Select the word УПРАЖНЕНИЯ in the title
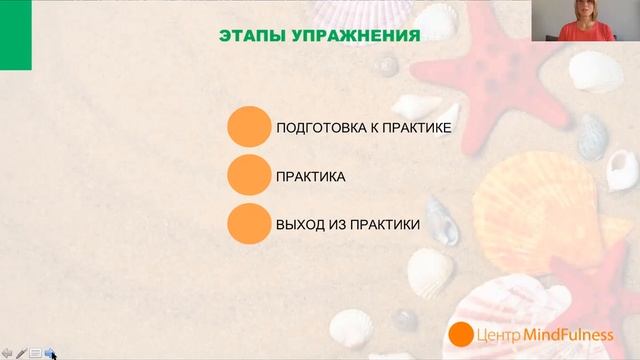point(354,37)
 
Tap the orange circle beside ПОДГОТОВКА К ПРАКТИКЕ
point(249,128)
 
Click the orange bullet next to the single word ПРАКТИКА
point(249,176)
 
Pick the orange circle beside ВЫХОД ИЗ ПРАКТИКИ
point(249,224)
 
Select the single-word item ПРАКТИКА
point(311,177)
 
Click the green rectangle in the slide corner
point(15,34)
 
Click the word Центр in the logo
point(499,334)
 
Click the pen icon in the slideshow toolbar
point(21,352)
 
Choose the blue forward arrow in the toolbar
point(49,352)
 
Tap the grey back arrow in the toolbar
point(6,352)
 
